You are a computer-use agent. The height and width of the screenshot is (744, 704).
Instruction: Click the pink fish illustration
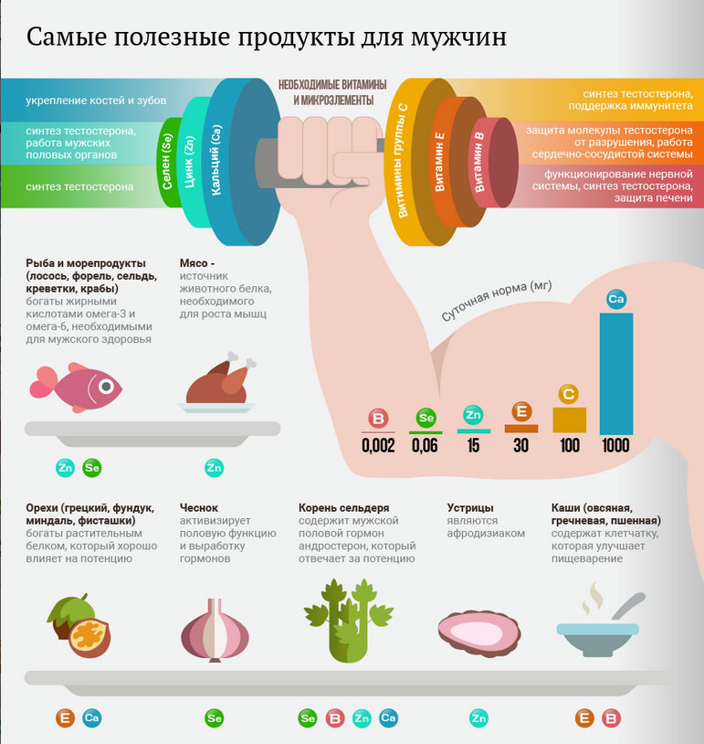(x=76, y=388)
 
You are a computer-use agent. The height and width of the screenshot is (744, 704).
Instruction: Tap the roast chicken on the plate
(x=217, y=382)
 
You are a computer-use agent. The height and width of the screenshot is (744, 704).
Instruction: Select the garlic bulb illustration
(x=215, y=630)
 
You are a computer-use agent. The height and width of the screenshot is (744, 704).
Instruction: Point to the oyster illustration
(x=479, y=633)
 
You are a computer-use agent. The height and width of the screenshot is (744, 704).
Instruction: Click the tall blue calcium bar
(x=616, y=374)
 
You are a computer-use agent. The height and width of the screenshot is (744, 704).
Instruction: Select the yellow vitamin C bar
(x=570, y=420)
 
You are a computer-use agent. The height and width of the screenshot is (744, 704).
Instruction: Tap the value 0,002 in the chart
(x=378, y=445)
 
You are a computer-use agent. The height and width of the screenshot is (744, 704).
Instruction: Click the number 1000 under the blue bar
(x=615, y=445)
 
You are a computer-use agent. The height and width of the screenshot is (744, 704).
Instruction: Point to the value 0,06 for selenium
(x=425, y=445)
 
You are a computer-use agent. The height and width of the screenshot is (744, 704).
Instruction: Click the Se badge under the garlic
(x=214, y=717)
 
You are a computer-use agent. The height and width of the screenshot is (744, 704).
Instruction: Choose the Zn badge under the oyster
(x=478, y=718)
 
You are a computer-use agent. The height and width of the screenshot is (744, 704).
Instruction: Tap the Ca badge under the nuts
(x=91, y=717)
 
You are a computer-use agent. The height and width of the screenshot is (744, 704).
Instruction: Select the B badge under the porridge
(x=611, y=718)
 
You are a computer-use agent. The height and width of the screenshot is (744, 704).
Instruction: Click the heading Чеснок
(x=199, y=507)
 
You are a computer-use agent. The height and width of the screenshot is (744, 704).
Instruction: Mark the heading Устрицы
(x=470, y=507)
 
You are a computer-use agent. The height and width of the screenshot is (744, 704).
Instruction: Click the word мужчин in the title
(x=458, y=37)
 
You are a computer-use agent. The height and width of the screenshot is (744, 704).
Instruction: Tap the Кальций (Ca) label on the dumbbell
(x=215, y=161)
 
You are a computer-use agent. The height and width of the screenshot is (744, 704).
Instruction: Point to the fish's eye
(x=106, y=387)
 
